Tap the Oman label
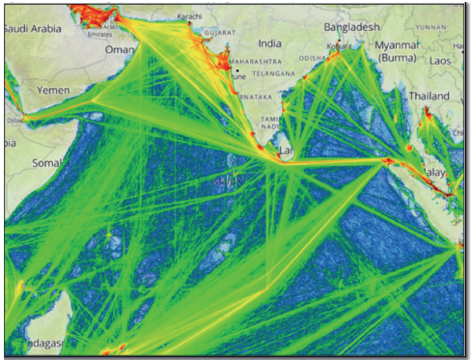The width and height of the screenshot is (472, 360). coord(120,49)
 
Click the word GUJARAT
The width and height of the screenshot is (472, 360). coord(219,32)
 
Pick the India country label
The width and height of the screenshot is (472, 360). coord(270,43)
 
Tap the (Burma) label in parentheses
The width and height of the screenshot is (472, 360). coord(397,59)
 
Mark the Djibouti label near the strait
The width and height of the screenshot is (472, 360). coord(13,122)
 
